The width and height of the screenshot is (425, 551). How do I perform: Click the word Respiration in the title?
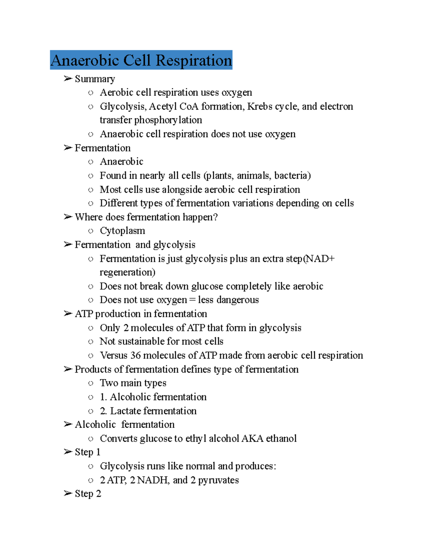[194, 60]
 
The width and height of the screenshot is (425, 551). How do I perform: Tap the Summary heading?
[95, 79]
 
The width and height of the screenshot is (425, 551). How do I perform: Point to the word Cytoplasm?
[122, 231]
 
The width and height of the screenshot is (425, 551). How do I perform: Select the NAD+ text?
[320, 259]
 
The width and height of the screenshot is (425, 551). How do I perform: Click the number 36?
[135, 356]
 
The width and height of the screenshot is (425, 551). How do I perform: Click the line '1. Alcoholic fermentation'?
[153, 397]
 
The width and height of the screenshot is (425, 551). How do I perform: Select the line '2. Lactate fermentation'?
[148, 411]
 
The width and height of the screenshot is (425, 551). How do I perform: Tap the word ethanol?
[281, 439]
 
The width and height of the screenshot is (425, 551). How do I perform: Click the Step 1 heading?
[87, 452]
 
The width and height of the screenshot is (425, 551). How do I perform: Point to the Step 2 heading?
[88, 494]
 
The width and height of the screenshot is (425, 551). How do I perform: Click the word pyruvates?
[218, 480]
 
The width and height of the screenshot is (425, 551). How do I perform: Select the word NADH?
[153, 480]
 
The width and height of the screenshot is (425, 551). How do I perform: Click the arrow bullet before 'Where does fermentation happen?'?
[68, 217]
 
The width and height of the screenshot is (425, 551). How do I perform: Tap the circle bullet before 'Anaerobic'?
[91, 162]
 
